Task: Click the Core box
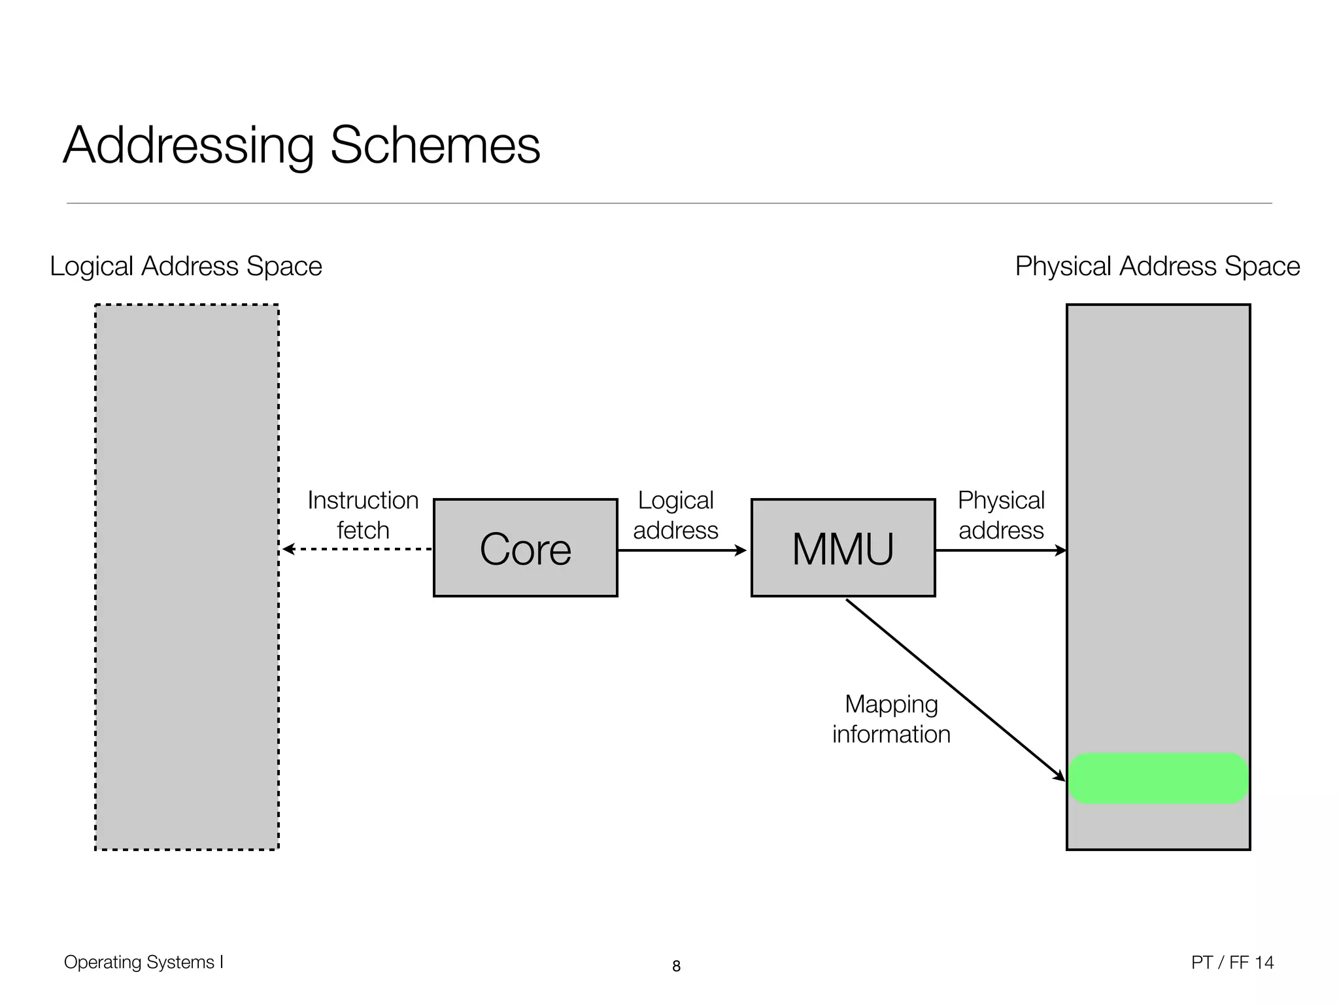[525, 548]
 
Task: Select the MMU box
[843, 548]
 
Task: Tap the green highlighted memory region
[1158, 778]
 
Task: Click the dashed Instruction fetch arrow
[356, 549]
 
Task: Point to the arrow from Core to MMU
[682, 550]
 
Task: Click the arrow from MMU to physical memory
[1000, 550]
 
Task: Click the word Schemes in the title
[435, 145]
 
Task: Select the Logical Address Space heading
[186, 267]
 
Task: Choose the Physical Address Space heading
[1157, 267]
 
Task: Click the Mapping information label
[891, 719]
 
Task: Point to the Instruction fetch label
[363, 515]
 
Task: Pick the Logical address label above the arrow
[675, 515]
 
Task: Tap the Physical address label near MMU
[1001, 515]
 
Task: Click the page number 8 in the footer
[676, 966]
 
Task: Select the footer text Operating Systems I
[144, 962]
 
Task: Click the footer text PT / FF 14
[1232, 962]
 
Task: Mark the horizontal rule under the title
[669, 203]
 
